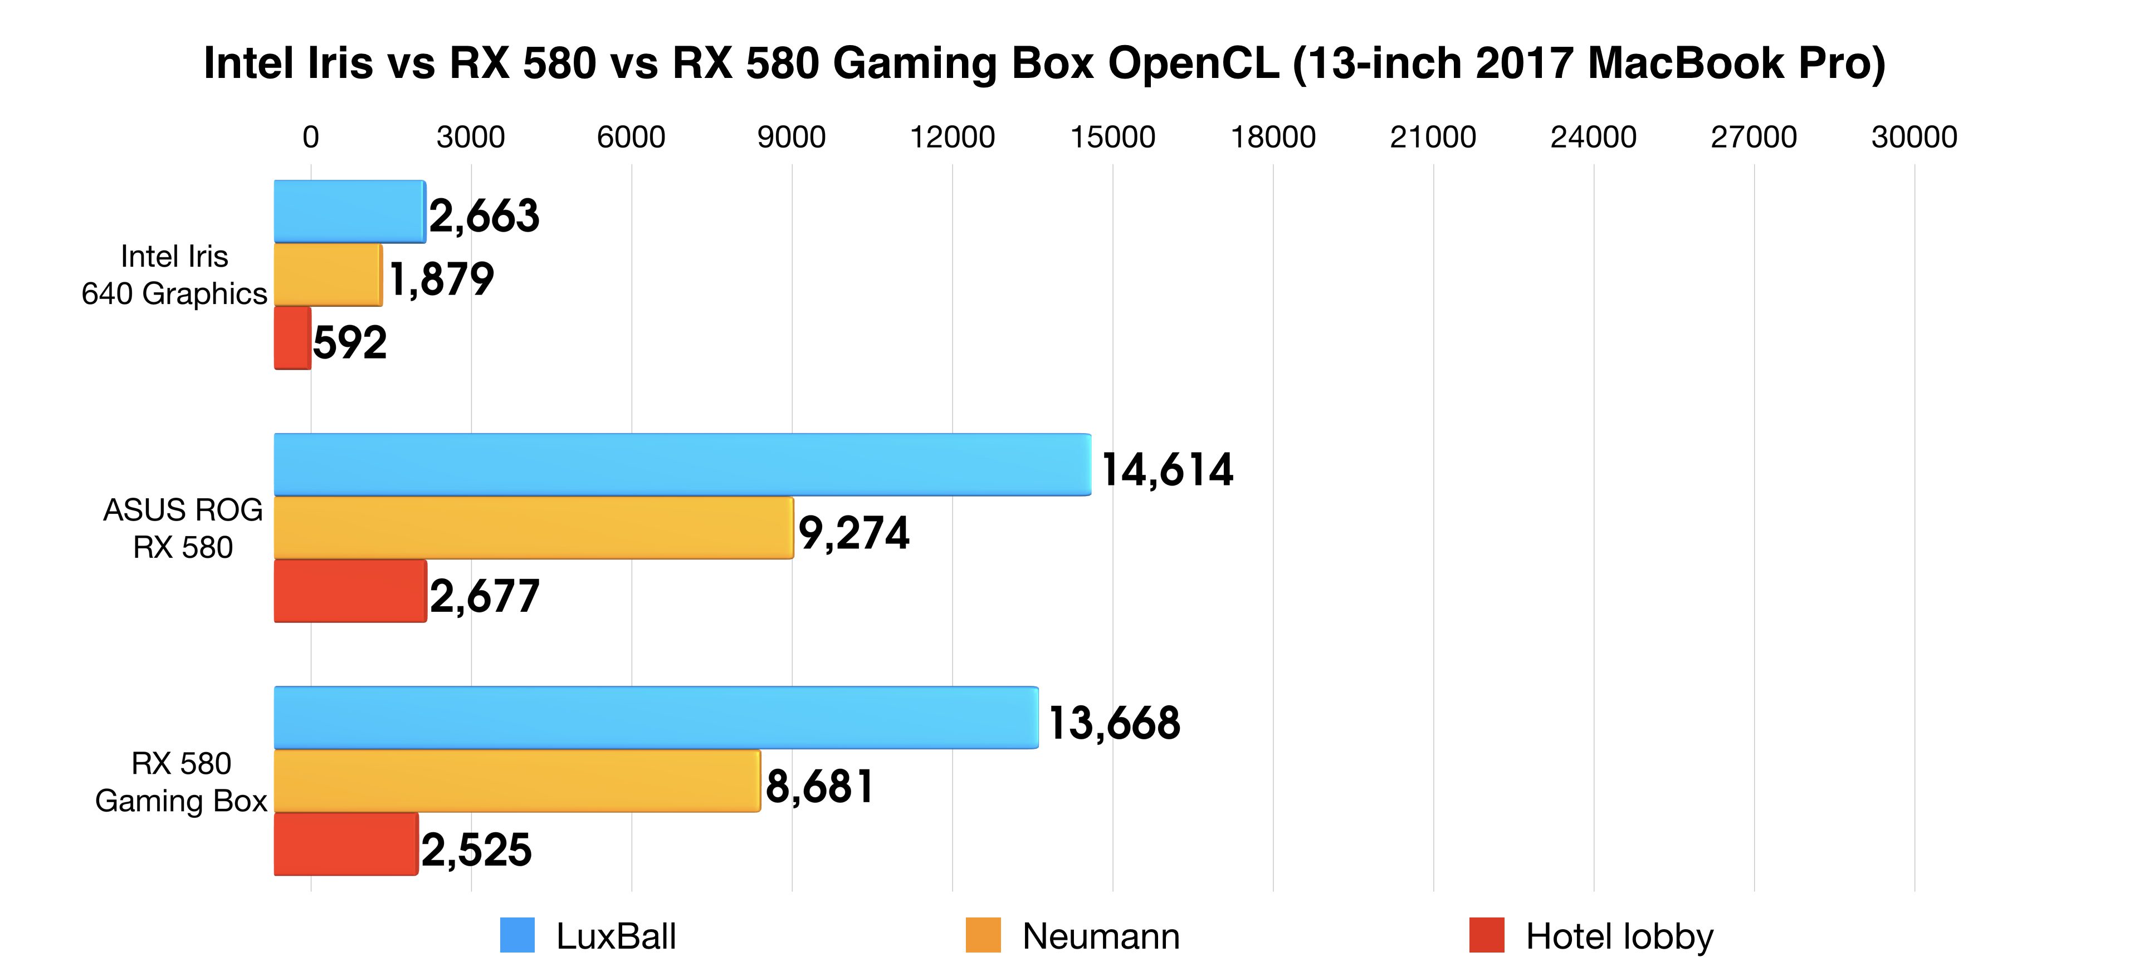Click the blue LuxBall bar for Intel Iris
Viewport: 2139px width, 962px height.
(350, 212)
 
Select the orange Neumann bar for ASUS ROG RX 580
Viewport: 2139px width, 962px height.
(533, 528)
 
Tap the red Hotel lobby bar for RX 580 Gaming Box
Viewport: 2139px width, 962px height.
(345, 844)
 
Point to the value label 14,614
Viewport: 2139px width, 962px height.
(1166, 470)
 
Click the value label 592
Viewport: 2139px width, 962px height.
(350, 343)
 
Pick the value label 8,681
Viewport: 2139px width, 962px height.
(819, 786)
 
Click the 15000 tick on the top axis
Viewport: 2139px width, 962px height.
(1112, 137)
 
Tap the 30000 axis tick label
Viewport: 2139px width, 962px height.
(1914, 137)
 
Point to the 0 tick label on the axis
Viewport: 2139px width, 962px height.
(311, 137)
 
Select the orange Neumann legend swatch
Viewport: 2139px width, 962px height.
(983, 935)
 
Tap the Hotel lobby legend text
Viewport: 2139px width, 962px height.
(1619, 936)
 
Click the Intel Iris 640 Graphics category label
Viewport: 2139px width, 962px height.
(174, 275)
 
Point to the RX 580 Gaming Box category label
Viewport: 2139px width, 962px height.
(181, 782)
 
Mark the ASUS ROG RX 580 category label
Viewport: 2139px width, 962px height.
(183, 529)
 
